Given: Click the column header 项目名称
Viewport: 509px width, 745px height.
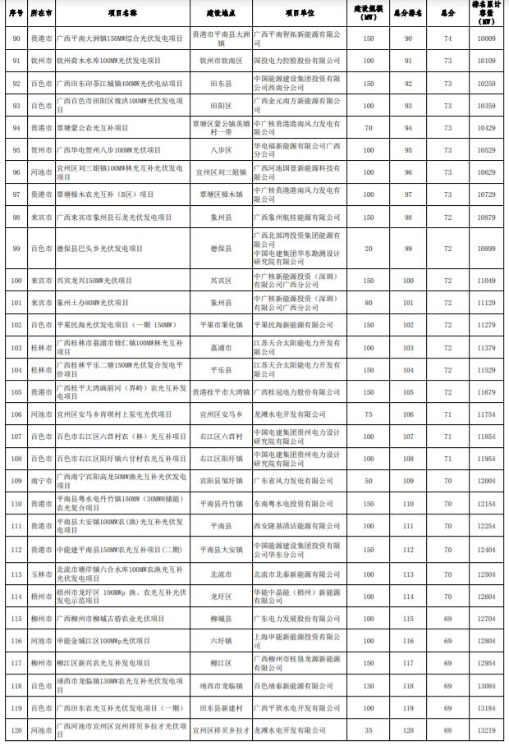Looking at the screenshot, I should pyautogui.click(x=122, y=14).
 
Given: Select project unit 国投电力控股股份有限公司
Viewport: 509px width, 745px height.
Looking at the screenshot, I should pyautogui.click(x=293, y=61).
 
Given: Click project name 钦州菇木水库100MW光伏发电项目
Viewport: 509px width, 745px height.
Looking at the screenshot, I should pyautogui.click(x=108, y=61).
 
